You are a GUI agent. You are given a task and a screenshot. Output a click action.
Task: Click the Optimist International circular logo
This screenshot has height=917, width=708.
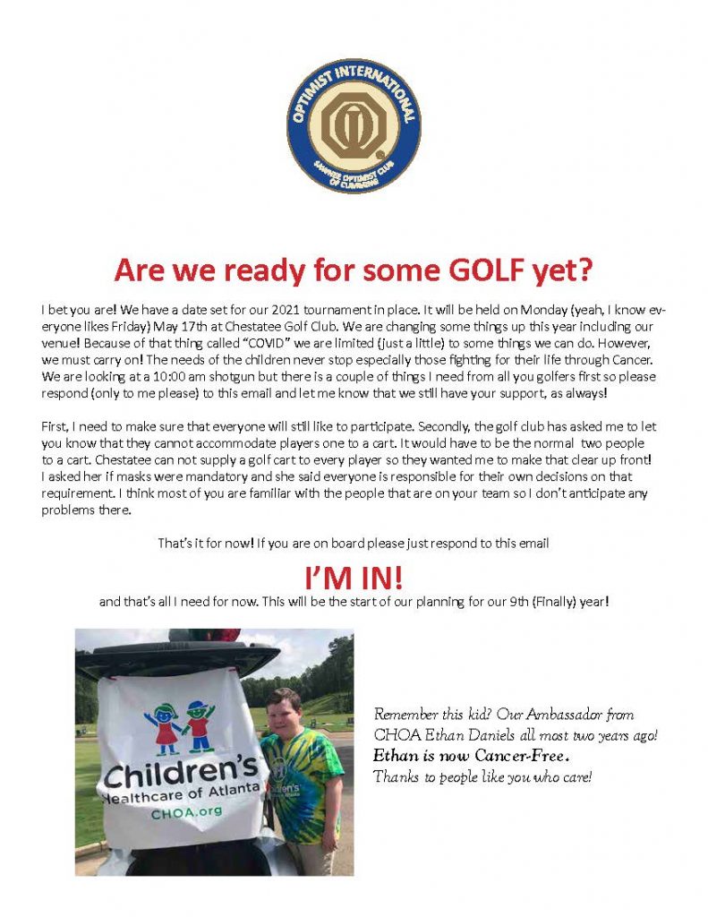(353, 127)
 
